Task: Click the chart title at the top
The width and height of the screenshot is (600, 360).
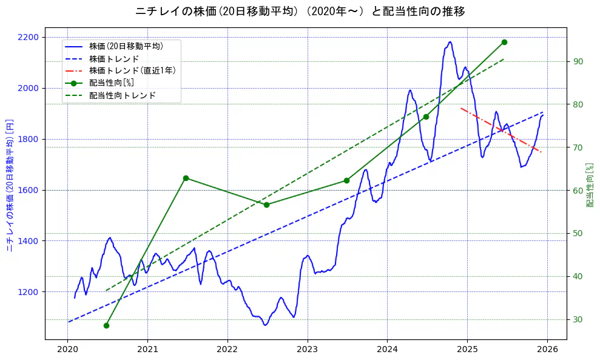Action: [x=300, y=12]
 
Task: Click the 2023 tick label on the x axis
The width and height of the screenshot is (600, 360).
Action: [x=307, y=350]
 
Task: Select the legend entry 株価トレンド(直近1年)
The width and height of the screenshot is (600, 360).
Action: [x=132, y=70]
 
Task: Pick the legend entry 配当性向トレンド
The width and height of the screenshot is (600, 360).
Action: [x=122, y=95]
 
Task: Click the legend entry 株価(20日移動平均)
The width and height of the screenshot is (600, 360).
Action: [x=126, y=46]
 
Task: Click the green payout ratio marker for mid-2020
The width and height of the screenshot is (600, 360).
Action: [x=106, y=325]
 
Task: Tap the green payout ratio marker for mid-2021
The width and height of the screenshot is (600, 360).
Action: [x=186, y=178]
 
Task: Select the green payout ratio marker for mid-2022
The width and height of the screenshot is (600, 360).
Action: [x=266, y=205]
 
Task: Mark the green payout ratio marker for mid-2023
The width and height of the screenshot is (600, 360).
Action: [x=346, y=180]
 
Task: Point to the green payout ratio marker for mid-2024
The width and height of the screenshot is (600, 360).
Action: [x=426, y=117]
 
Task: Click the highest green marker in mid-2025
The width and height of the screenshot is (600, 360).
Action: [x=504, y=42]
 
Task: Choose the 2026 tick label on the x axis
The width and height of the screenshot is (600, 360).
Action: [x=547, y=350]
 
